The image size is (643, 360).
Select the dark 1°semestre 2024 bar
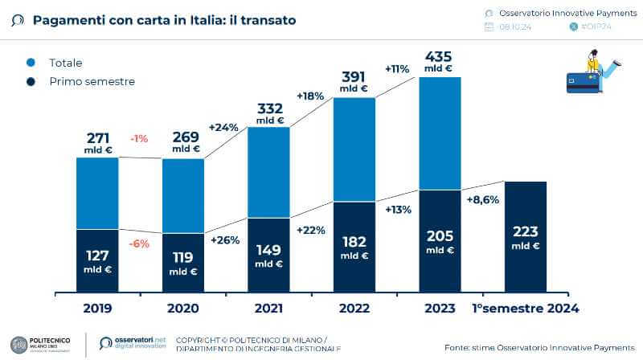pos(525,236)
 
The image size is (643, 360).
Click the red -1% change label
pos(139,138)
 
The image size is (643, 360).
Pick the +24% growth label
pos(224,127)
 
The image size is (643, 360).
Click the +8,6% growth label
pos(482,199)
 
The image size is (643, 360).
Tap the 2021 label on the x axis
pos(268,308)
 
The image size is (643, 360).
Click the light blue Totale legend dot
pos(31,63)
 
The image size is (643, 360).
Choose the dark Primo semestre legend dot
pos(31,81)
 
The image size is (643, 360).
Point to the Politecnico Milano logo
pos(40,343)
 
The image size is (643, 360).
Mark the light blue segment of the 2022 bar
pos(354,149)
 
